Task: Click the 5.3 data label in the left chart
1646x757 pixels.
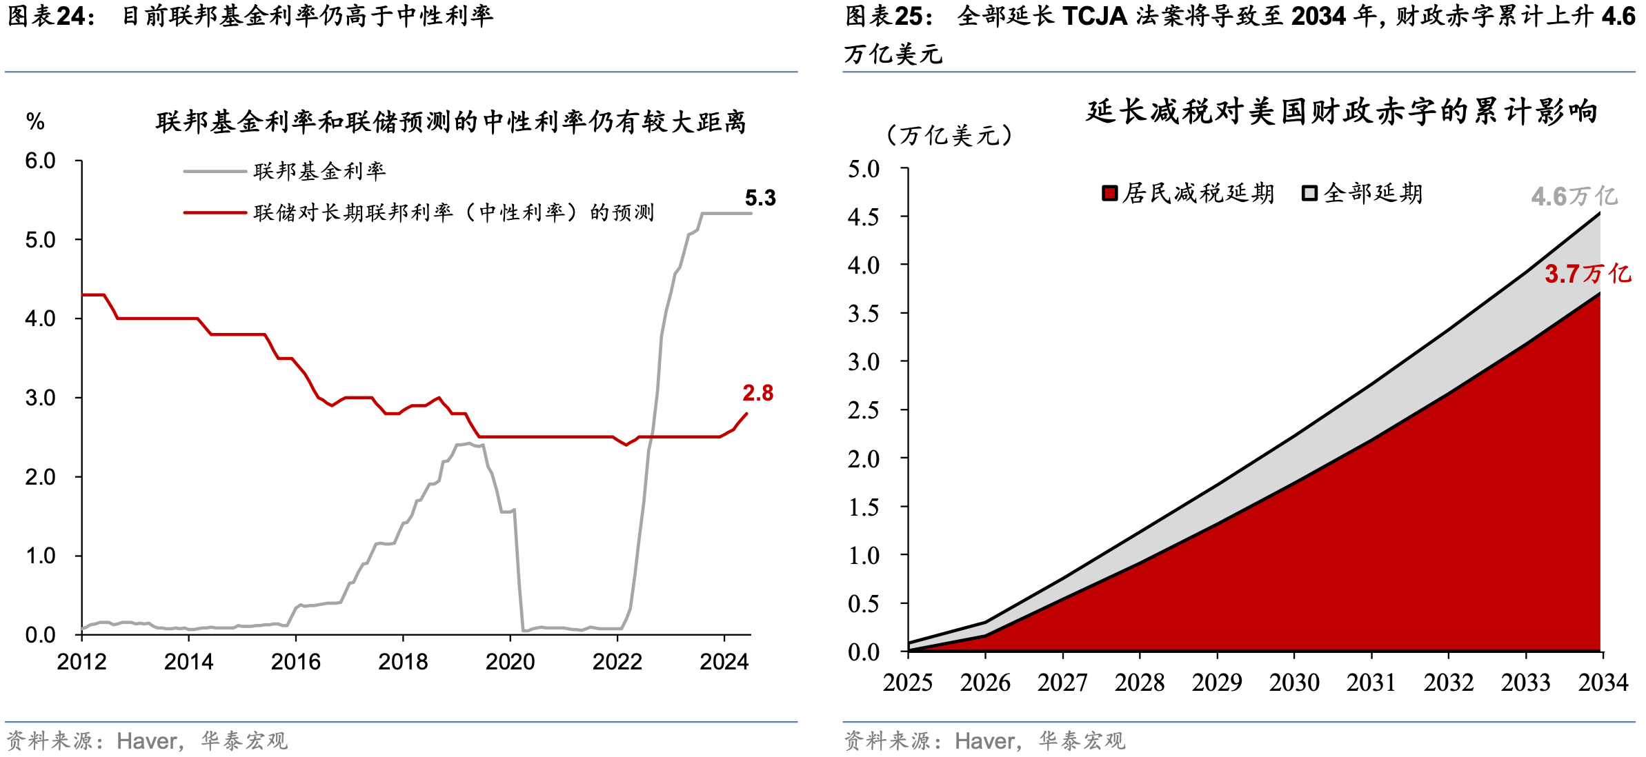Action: [x=760, y=199]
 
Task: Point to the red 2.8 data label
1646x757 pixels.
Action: [x=757, y=393]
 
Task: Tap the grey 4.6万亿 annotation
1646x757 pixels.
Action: [x=1574, y=196]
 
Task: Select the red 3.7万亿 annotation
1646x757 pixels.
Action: [x=1587, y=274]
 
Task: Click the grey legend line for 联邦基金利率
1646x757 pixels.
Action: [x=215, y=171]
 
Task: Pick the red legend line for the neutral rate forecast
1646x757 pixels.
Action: [x=215, y=212]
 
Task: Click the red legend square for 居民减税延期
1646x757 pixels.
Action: [x=1109, y=193]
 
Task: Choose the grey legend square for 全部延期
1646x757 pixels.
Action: [x=1309, y=193]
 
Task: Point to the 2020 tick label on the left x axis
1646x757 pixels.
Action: [x=510, y=662]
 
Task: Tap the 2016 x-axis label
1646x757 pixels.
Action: [x=296, y=662]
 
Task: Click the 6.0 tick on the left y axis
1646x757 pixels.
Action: [x=40, y=161]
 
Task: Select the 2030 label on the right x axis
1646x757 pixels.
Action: [x=1294, y=683]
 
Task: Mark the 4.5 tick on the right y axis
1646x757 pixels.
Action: [x=864, y=217]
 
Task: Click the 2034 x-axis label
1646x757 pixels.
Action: [x=1603, y=683]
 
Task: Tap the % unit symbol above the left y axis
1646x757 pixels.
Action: [x=35, y=122]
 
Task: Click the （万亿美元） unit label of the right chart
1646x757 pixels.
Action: [x=949, y=135]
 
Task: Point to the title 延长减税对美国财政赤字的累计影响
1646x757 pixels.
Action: [x=1342, y=112]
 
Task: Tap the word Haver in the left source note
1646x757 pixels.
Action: [x=147, y=741]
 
